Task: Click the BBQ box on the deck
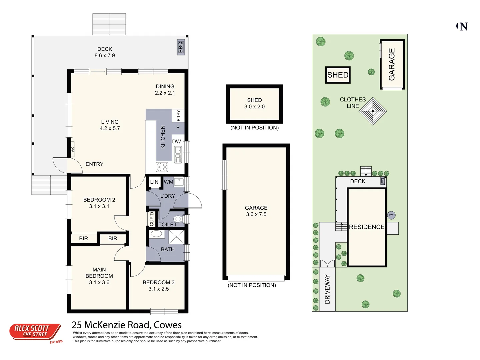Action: click(x=181, y=47)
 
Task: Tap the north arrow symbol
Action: click(x=462, y=27)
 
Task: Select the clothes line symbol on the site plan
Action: click(x=373, y=111)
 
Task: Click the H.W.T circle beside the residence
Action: click(x=391, y=215)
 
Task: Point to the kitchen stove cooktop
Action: click(x=162, y=167)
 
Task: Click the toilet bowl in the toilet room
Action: click(x=178, y=219)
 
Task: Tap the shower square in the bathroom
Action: click(x=176, y=237)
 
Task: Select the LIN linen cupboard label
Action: click(x=154, y=182)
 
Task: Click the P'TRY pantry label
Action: click(x=178, y=115)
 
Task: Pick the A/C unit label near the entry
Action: click(x=72, y=149)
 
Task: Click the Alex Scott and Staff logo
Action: click(x=35, y=332)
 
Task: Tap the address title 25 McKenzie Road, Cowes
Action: click(x=127, y=325)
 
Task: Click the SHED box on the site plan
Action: click(x=338, y=75)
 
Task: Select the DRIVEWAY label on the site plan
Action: click(x=327, y=289)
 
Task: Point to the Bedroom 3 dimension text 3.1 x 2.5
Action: click(x=159, y=289)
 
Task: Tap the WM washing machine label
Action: click(x=168, y=182)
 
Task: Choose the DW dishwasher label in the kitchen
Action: click(x=176, y=142)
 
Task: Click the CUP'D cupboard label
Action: click(x=152, y=219)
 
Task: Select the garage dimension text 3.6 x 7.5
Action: click(x=256, y=214)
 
